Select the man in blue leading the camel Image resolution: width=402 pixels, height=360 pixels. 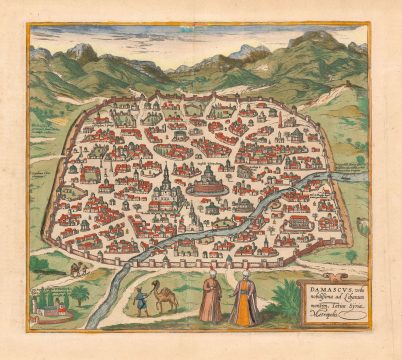(143, 300)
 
